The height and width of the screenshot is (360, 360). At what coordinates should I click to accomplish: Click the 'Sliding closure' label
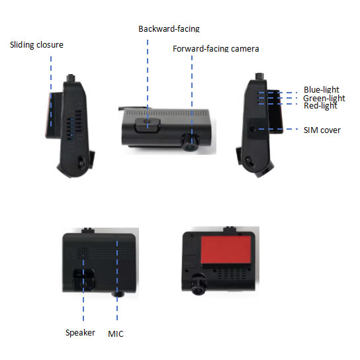(36, 45)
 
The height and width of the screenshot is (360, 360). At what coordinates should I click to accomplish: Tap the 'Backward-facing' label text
(169, 28)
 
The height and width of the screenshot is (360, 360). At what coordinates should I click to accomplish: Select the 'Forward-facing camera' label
(216, 49)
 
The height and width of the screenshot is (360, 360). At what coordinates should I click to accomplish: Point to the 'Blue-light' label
(321, 89)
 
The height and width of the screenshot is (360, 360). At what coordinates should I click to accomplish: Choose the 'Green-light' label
(324, 98)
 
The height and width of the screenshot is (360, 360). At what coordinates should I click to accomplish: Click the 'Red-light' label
(320, 106)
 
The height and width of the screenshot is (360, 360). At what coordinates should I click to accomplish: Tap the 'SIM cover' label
(322, 130)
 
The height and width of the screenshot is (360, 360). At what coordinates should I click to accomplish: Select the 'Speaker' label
(80, 333)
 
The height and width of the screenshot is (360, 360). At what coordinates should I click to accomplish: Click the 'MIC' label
(116, 334)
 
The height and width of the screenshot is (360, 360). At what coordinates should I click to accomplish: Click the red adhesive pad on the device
(226, 249)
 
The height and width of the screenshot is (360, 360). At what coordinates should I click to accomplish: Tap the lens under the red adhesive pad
(198, 284)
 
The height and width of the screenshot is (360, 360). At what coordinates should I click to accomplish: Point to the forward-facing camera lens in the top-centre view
(191, 143)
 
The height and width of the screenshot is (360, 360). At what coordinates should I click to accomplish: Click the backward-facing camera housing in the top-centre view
(148, 125)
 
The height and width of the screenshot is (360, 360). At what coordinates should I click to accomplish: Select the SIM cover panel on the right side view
(257, 129)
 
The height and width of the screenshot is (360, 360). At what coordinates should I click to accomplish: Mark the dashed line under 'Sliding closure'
(51, 91)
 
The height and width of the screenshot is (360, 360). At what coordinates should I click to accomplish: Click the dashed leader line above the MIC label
(117, 281)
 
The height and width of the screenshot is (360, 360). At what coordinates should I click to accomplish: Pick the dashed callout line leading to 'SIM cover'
(278, 129)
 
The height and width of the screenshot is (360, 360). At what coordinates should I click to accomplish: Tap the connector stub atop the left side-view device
(71, 78)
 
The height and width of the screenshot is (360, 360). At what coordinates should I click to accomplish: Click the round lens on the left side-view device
(82, 163)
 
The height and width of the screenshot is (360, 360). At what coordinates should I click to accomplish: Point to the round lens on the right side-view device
(248, 161)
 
